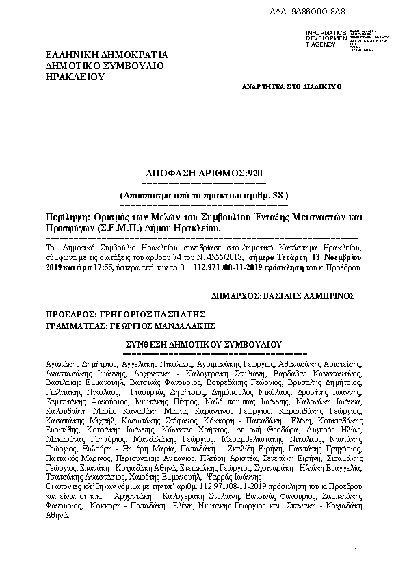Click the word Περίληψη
66,216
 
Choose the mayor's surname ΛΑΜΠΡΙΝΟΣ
330,298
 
